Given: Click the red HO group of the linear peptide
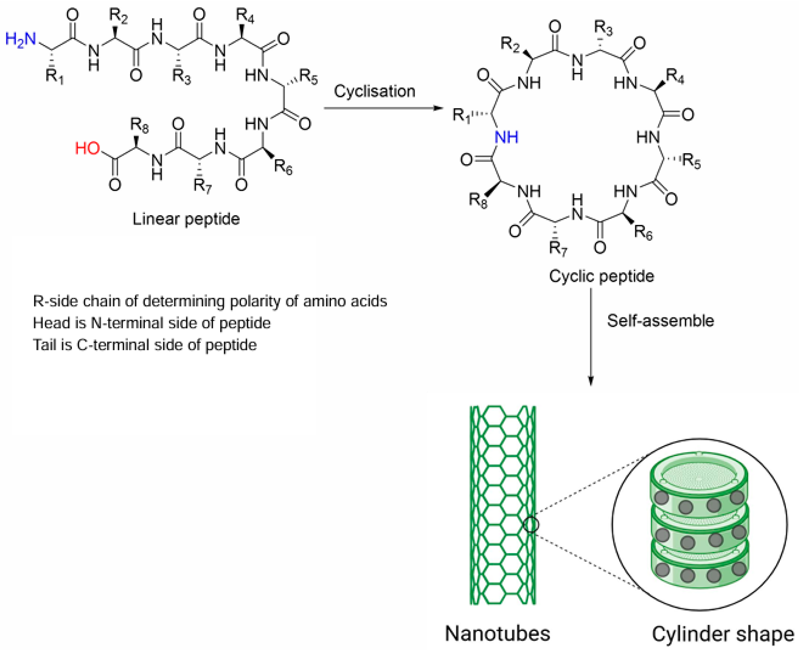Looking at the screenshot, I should (x=87, y=148).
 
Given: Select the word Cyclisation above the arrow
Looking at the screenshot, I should (x=375, y=91).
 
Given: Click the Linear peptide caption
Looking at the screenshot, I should (x=186, y=219).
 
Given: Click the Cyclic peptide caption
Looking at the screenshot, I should (x=601, y=276).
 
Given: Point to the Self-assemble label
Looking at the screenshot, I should (x=660, y=321).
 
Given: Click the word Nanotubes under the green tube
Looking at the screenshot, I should (x=498, y=633).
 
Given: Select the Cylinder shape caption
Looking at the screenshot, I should (x=723, y=634).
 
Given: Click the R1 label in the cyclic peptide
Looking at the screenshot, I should (x=462, y=115).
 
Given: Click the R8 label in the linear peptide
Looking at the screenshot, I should (x=139, y=125).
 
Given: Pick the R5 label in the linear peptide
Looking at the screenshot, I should (x=309, y=77).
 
